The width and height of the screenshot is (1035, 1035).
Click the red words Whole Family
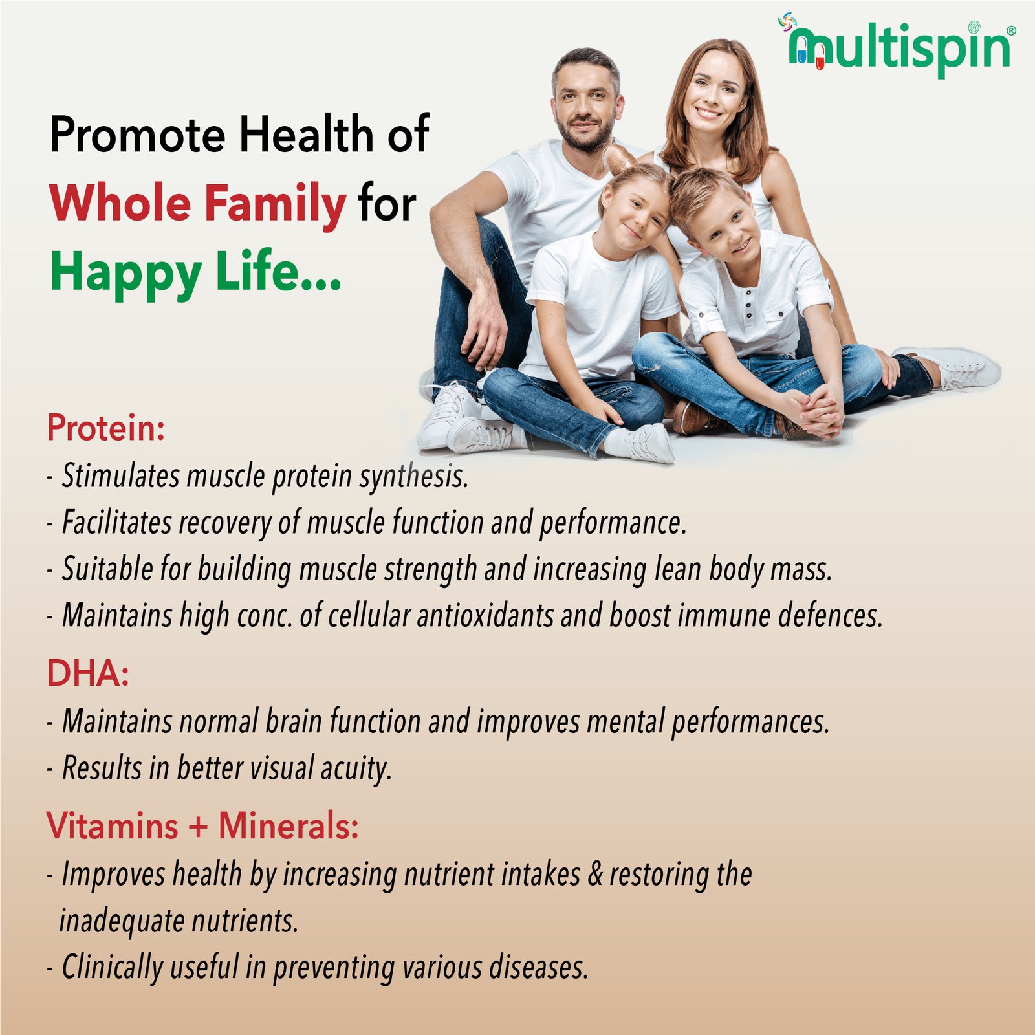pos(198,203)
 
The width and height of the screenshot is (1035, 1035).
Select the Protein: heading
pos(106,428)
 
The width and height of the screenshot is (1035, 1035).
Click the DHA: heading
pos(88,673)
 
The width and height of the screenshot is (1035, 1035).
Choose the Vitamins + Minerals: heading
pos(202,826)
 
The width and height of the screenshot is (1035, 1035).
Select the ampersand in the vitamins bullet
pos(594,875)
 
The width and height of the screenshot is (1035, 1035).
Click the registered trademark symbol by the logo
pos(1011,30)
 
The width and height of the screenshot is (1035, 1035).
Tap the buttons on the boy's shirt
pos(748,304)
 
